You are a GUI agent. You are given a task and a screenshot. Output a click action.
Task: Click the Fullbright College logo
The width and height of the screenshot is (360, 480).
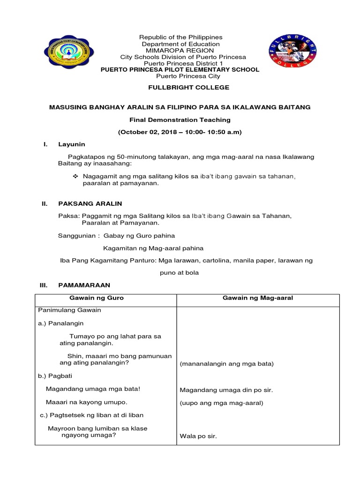292,52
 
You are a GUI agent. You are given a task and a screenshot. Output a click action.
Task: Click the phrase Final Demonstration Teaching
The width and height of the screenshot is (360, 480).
180,120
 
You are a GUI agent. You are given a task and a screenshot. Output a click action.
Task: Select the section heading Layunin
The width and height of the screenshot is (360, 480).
71,144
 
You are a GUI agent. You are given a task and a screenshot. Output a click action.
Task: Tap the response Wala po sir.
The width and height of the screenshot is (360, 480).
198,436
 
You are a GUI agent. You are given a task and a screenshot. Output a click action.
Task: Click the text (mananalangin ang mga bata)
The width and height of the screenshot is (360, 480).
227,364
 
